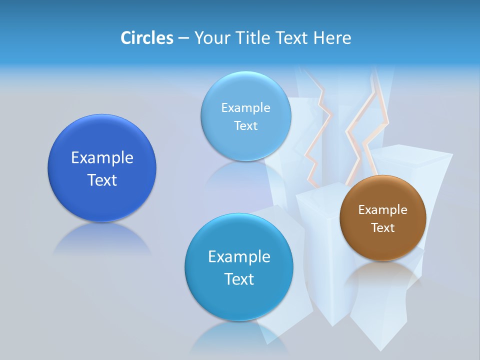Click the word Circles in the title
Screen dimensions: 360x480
(146, 38)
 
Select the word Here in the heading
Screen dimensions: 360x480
(332, 38)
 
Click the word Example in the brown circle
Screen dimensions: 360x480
(383, 210)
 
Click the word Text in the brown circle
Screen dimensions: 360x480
(383, 228)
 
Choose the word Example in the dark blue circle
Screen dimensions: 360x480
(102, 158)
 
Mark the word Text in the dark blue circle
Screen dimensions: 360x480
(102, 180)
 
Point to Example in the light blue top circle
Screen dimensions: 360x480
(245, 108)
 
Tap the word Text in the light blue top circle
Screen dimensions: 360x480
(245, 126)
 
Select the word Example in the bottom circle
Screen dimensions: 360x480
(239, 257)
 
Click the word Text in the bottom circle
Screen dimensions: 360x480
(239, 279)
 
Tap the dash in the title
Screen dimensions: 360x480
(183, 38)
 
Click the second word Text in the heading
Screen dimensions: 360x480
(292, 38)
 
